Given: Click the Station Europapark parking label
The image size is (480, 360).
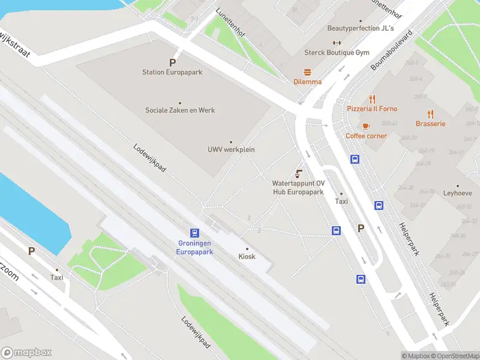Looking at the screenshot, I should (x=172, y=72).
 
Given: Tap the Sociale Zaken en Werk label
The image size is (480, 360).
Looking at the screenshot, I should (x=180, y=110).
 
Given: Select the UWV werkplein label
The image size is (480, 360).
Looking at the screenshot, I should (x=231, y=149).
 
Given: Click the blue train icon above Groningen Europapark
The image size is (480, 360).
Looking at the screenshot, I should (x=194, y=233).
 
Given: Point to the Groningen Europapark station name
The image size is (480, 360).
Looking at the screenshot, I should (x=195, y=248).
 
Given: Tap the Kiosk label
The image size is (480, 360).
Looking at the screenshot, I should (x=247, y=256).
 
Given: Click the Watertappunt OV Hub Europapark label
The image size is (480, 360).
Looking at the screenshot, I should (x=298, y=188).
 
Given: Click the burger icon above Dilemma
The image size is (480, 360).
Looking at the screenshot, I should (x=307, y=71).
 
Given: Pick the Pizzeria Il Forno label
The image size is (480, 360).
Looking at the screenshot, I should (x=372, y=109).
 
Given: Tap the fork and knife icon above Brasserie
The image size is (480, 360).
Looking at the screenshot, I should (x=430, y=113).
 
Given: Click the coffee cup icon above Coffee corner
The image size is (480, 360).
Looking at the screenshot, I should (x=366, y=126).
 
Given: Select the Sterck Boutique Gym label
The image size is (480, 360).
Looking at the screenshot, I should (x=337, y=53).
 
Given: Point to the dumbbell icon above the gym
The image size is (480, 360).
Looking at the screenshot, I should (x=337, y=43).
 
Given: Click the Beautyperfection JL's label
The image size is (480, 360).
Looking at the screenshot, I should (x=361, y=28).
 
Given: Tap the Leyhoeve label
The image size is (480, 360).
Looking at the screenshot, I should (x=457, y=193).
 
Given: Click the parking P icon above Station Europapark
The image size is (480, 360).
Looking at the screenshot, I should (x=173, y=62).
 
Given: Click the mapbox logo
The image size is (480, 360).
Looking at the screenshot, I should (x=26, y=353).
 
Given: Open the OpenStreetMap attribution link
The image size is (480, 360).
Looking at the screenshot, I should (x=454, y=356).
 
